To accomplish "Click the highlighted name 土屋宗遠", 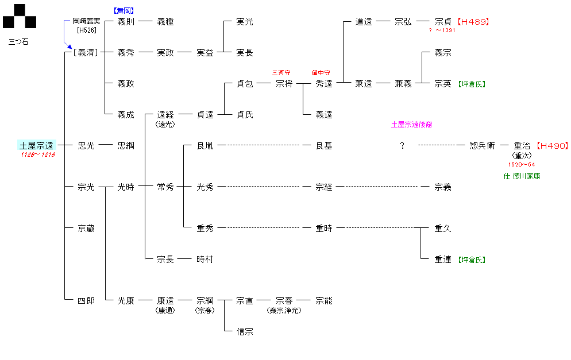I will pyautogui.click(x=37, y=146).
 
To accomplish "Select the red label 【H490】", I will pyautogui.click(x=551, y=146).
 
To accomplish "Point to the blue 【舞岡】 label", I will pyautogui.click(x=124, y=10).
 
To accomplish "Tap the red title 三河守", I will pyautogui.click(x=281, y=73).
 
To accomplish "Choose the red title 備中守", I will pyautogui.click(x=321, y=73).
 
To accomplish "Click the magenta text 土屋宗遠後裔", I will pyautogui.click(x=411, y=124).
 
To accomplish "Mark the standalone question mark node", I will pyautogui.click(x=402, y=146).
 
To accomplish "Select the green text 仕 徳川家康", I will pyautogui.click(x=522, y=176).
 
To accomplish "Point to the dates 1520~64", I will pyautogui.click(x=522, y=165).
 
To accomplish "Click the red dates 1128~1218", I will pyautogui.click(x=38, y=156).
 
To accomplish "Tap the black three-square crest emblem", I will pyautogui.click(x=20, y=17).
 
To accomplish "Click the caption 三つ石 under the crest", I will pyautogui.click(x=18, y=42).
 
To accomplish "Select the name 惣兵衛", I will pyautogui.click(x=482, y=146).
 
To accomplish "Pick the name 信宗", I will pyautogui.click(x=245, y=331).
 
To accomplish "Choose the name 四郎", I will pyautogui.click(x=86, y=300).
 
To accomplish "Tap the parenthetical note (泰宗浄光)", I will pyautogui.click(x=284, y=311).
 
